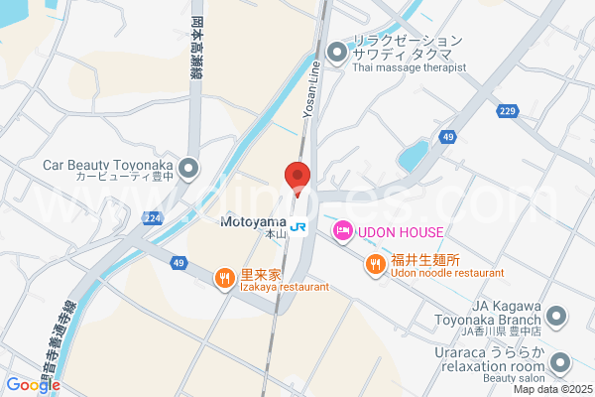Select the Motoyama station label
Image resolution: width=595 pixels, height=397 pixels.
click(253, 221)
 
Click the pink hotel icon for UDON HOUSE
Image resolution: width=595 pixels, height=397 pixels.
click(342, 231)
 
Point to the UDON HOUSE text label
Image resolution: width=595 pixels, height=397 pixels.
click(400, 231)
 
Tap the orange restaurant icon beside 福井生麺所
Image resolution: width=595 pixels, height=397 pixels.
click(375, 263)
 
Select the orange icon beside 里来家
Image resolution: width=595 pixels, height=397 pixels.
click(225, 278)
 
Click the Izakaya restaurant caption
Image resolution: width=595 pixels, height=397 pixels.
click(283, 287)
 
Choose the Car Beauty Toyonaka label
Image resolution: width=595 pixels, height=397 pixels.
click(107, 166)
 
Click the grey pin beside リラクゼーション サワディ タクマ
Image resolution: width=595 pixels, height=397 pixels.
click(337, 50)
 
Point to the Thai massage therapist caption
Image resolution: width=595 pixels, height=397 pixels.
click(409, 67)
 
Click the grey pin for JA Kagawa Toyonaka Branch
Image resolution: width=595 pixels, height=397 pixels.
click(557, 318)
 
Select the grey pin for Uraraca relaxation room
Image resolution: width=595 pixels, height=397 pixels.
click(560, 362)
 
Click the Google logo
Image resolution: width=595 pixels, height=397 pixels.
click(33, 385)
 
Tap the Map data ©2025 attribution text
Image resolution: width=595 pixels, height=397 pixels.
click(550, 389)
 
